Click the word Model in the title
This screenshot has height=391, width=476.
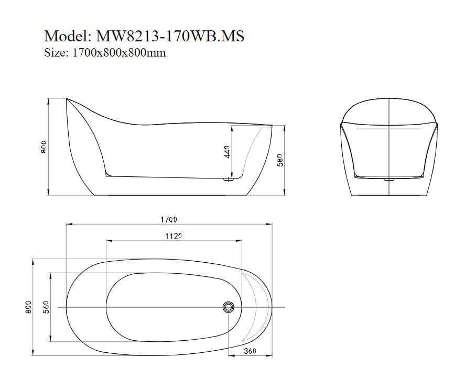tap(68, 36)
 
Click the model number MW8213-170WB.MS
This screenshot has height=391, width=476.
tap(170, 36)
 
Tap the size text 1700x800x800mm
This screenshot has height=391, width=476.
tap(118, 53)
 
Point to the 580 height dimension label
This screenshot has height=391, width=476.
tap(280, 160)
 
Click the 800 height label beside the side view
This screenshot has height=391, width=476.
tap(43, 147)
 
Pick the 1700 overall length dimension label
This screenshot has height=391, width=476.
tap(168, 219)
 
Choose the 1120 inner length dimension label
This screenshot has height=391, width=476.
tap(174, 236)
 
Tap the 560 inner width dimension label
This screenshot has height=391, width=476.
tap(46, 307)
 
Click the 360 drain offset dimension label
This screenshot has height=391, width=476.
tap(250, 351)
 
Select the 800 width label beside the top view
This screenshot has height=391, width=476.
tap(28, 307)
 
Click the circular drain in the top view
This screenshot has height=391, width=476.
tap(228, 307)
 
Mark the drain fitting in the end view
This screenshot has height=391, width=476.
tap(389, 180)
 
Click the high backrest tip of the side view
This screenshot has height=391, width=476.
tap(67, 98)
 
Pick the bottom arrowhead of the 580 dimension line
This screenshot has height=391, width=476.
tap(285, 192)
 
